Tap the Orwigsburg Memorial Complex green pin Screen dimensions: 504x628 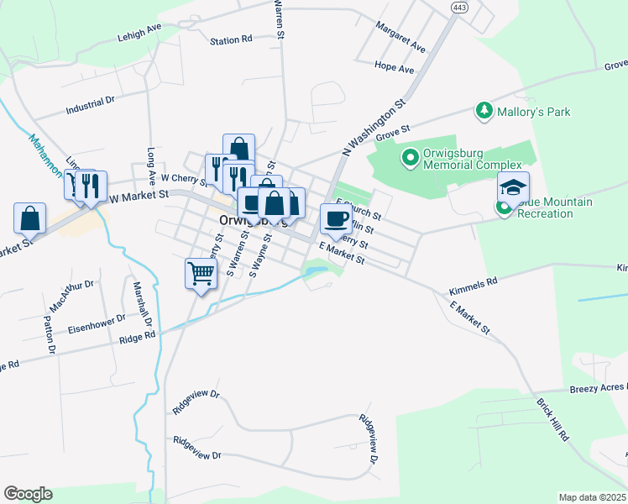[410, 157]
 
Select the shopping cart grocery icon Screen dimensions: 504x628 [200, 273]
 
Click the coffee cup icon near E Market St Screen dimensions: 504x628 [335, 218]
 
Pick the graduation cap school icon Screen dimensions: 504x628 [513, 187]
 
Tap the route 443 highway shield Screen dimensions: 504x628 [458, 8]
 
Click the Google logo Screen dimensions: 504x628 [28, 494]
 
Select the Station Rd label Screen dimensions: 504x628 [231, 39]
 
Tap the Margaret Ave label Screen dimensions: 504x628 [400, 36]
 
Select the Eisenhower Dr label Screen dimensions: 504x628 [97, 323]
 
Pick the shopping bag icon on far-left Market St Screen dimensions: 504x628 [29, 218]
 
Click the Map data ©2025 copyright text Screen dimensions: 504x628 [592, 497]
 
